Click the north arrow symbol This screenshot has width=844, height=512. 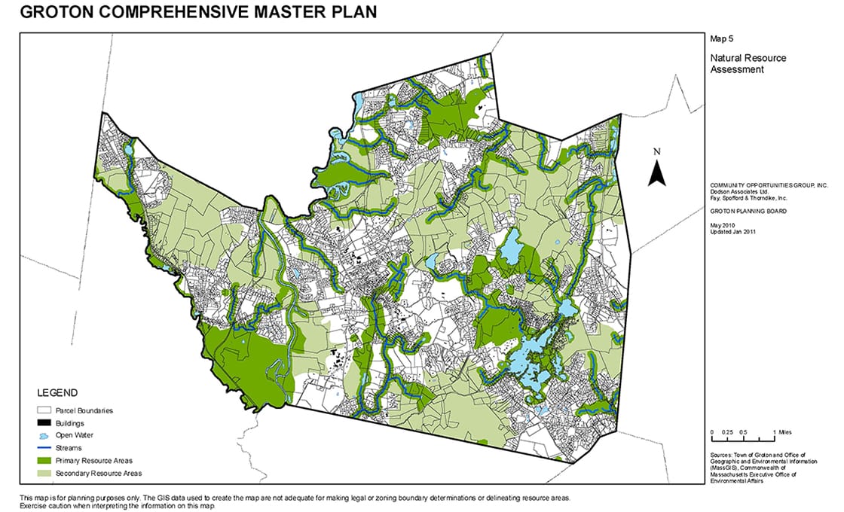coord(656,174)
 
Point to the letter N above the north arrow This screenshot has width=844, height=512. coord(656,152)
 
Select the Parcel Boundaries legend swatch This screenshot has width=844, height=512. coord(47,411)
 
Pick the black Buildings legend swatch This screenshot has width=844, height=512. coord(47,423)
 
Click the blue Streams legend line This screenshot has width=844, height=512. coord(47,448)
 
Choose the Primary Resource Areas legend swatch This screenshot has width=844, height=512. coord(47,461)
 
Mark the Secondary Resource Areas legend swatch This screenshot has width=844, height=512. coord(47,474)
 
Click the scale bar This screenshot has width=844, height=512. coord(743,439)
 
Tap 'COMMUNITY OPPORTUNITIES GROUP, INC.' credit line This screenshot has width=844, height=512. coord(769,185)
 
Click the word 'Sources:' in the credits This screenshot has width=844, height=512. coord(723,456)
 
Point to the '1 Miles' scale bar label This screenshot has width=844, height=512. coord(782,432)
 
